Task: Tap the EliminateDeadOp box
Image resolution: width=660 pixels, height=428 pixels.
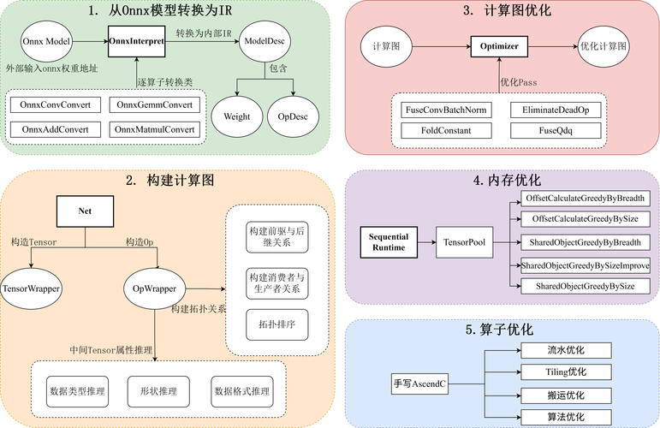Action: tap(556, 110)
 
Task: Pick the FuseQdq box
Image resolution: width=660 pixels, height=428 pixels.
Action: tap(556, 131)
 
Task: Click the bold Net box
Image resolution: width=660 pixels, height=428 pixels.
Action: tap(85, 211)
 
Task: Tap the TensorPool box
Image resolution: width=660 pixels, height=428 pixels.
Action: tap(464, 243)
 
